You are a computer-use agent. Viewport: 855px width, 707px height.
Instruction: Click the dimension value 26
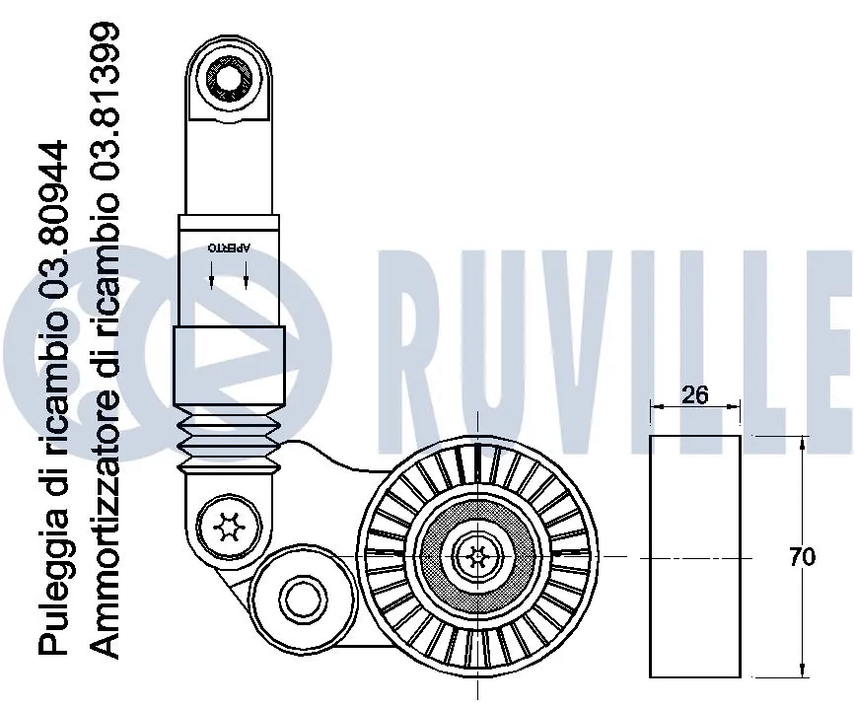[x=695, y=394]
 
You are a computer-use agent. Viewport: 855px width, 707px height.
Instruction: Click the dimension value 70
[x=803, y=557]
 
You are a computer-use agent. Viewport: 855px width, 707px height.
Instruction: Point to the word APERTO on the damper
[x=229, y=247]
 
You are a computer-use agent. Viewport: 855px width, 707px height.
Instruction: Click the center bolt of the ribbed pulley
[x=477, y=556]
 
